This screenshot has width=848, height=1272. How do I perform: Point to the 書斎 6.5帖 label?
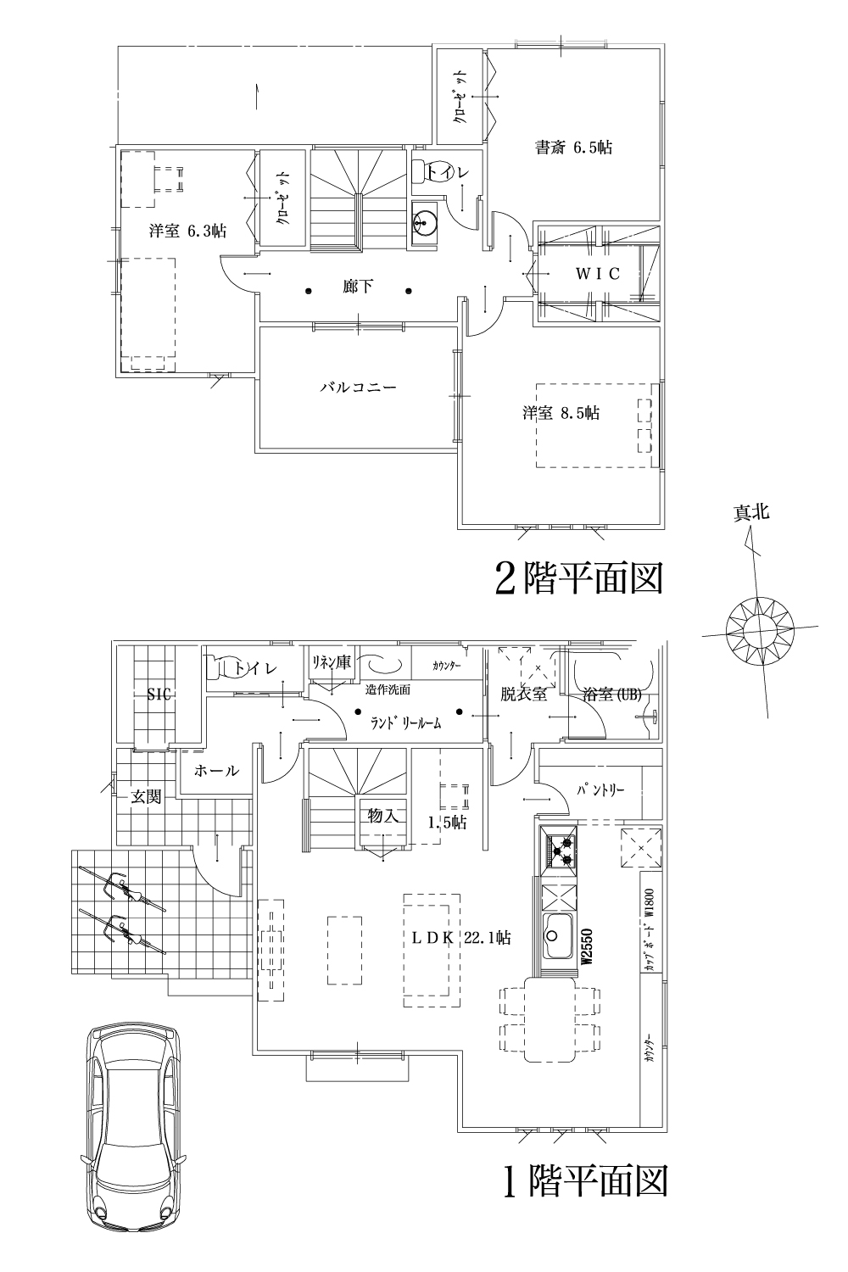(x=573, y=148)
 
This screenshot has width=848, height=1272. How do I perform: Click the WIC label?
(x=598, y=274)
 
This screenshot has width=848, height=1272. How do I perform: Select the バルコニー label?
(x=358, y=388)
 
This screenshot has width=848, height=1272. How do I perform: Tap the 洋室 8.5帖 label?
(x=561, y=413)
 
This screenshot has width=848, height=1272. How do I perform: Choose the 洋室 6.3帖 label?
(x=187, y=230)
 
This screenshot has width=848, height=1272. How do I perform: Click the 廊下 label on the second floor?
(x=358, y=287)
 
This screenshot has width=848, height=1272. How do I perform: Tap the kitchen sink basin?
(x=557, y=934)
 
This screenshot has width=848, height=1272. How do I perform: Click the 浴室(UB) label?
(x=612, y=695)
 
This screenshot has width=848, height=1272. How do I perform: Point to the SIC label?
(x=159, y=695)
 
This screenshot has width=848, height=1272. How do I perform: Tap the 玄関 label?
(x=146, y=797)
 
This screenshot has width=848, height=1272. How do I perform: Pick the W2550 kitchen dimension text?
(x=585, y=946)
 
